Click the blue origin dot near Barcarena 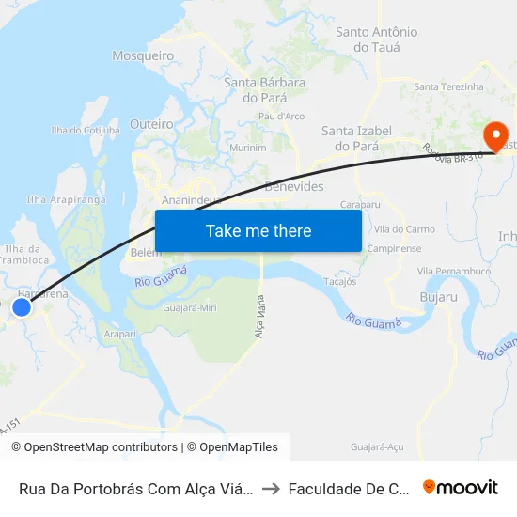pos(22,306)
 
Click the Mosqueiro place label pos(144,56)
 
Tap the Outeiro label pos(151,124)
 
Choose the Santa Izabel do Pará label pos(350,138)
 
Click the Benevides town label pos(294,186)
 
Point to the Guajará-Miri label pos(191,307)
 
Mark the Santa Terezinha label pos(448,86)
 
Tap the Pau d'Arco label pos(281,117)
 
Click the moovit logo pos(461,487)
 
